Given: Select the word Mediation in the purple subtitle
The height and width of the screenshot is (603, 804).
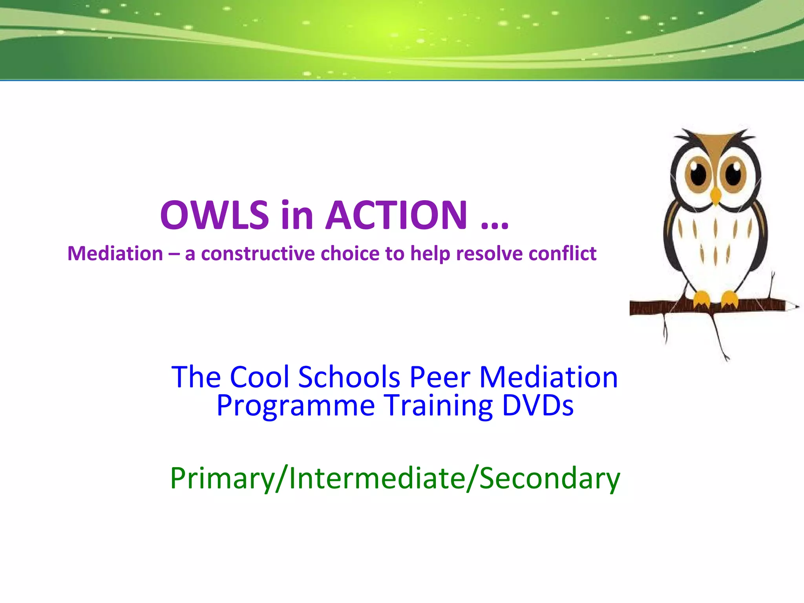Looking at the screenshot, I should click(115, 254).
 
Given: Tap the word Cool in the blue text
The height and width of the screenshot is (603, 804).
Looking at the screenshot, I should click(259, 377).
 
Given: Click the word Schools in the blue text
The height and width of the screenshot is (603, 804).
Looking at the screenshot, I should click(349, 377).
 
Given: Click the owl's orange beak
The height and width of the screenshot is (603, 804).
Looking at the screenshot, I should click(716, 195).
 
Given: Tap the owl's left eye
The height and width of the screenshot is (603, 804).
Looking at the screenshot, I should click(698, 174).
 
